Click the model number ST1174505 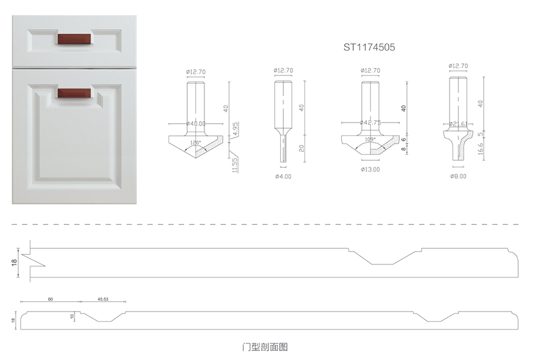pyautogui.click(x=369, y=45)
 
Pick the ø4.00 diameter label pyautogui.click(x=283, y=176)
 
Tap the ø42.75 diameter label pyautogui.click(x=371, y=123)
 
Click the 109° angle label pyautogui.click(x=370, y=139)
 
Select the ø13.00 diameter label pyautogui.click(x=371, y=169)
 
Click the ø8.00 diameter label pyautogui.click(x=458, y=176)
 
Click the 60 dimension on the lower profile pyautogui.click(x=50, y=298)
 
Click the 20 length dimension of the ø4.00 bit pyautogui.click(x=302, y=147)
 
